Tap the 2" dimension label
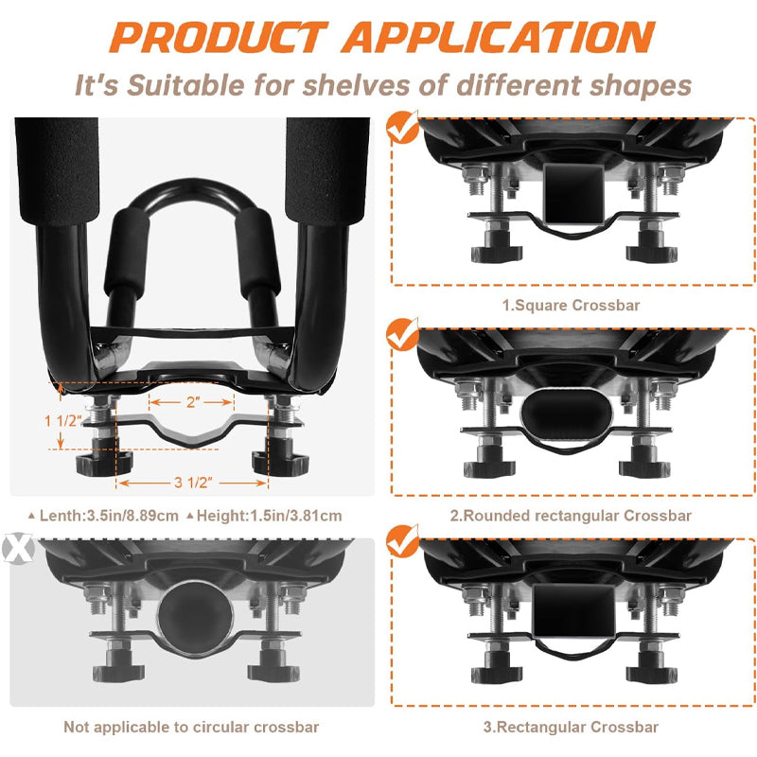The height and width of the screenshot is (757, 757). tap(193, 401)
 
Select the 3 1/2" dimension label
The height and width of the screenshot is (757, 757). tap(192, 483)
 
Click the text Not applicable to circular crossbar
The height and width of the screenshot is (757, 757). tap(191, 727)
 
